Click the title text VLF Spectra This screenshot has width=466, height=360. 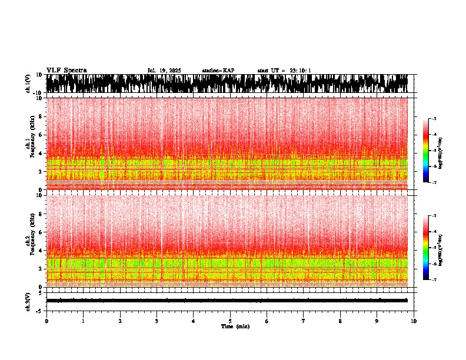pos(66,71)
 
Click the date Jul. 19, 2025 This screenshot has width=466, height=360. pos(164,71)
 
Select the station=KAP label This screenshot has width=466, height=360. pos(218,71)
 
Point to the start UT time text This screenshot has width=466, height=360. pos(284,71)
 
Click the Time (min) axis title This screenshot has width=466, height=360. pos(235,326)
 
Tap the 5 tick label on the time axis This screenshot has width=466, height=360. pos(230,321)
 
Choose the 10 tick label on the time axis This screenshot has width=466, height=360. pos(414,321)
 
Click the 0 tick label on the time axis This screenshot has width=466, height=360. pos(46,321)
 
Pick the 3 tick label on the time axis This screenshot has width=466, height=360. pos(157,321)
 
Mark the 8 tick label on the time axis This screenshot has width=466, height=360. pos(340,321)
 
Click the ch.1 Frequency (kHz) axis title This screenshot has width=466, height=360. pos(31,144)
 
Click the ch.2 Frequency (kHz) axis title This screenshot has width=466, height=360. pos(31,240)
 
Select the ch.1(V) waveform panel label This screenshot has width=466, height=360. pos(28,84)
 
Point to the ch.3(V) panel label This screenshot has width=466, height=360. pos(28,301)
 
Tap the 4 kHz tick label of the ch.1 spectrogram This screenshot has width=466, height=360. pos(41,153)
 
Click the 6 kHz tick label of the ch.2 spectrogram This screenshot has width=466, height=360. pos(41,232)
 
